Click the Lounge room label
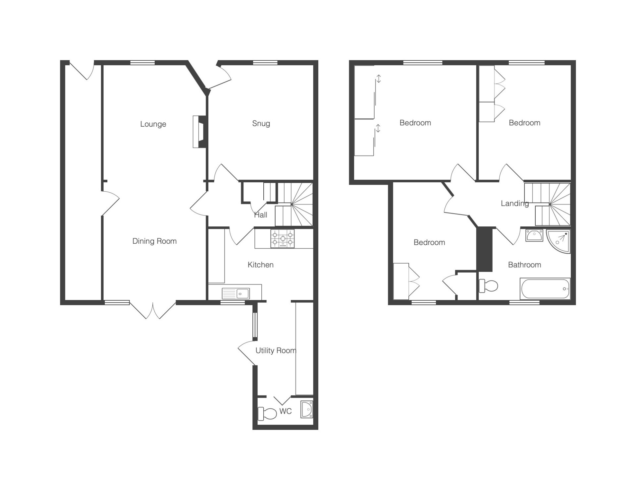[x=153, y=124]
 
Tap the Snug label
[x=261, y=124]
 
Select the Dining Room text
[x=154, y=241]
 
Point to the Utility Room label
[x=276, y=350]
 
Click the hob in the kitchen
[x=283, y=239]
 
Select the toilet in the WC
[x=267, y=413]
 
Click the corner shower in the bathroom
[x=559, y=241]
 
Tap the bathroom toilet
[x=489, y=285]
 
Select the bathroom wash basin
[x=534, y=235]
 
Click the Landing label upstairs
[x=515, y=204]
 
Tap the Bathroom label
[x=525, y=265]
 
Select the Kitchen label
[x=261, y=265]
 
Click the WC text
[x=286, y=411]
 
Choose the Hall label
[x=261, y=215]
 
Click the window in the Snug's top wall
[x=265, y=62]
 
